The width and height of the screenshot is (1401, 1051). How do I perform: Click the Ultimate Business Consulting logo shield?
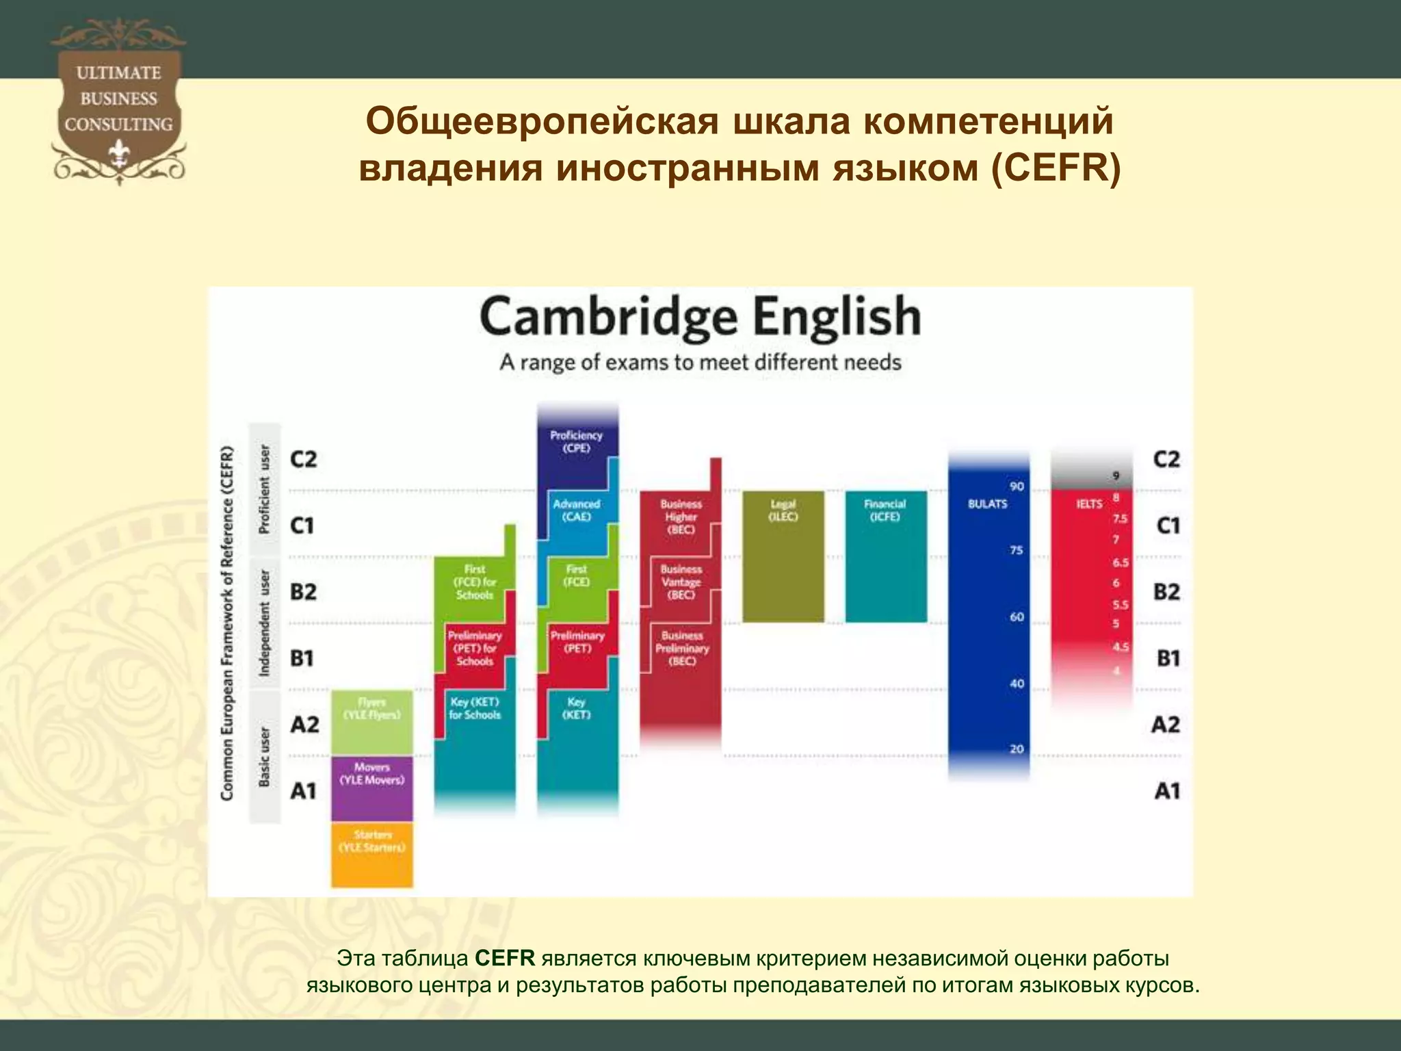click(x=118, y=103)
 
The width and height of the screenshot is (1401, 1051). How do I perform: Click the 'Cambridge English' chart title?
click(x=700, y=317)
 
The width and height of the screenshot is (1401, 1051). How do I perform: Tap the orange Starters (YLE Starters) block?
click(x=372, y=854)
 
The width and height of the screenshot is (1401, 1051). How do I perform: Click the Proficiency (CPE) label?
click(x=576, y=441)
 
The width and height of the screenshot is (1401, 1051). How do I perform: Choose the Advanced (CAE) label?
click(x=576, y=510)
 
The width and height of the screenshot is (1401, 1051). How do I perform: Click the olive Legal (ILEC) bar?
click(x=783, y=556)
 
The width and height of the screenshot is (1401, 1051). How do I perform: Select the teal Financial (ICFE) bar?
click(x=886, y=556)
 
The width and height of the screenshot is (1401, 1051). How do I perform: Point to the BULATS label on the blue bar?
click(x=987, y=504)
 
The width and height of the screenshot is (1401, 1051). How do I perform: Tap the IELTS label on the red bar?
click(x=1089, y=504)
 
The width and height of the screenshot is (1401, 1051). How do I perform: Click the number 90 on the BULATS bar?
click(x=1017, y=486)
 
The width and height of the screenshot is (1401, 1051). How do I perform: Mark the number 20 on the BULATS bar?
click(x=1017, y=749)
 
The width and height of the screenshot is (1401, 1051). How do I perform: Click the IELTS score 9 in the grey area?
click(x=1116, y=476)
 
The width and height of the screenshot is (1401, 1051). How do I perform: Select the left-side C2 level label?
click(x=303, y=458)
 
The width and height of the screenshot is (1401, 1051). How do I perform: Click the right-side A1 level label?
click(x=1167, y=790)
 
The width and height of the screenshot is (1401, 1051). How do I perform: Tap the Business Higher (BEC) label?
click(x=681, y=517)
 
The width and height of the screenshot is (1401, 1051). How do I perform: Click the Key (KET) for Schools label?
click(x=475, y=708)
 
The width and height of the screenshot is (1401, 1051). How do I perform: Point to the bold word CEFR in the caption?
click(x=505, y=958)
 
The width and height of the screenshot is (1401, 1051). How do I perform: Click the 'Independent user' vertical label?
click(x=265, y=623)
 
